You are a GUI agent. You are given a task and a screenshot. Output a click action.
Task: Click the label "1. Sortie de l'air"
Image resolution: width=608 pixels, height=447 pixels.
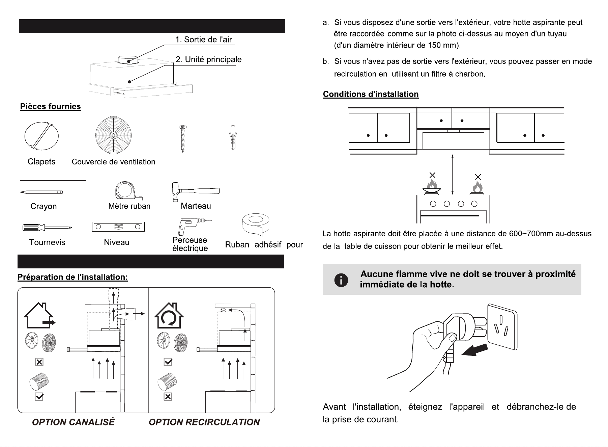203,40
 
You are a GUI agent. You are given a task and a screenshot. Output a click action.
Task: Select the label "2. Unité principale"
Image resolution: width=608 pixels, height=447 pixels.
208,59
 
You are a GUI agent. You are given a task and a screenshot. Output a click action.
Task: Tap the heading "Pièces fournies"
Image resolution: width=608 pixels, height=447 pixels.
51,106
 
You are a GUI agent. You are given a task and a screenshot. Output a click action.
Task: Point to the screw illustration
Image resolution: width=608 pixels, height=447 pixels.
183,138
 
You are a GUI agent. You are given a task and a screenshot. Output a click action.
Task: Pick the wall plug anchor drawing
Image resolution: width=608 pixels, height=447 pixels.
233,137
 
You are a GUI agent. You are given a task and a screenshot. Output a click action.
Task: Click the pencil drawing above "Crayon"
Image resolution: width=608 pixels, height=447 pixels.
41,192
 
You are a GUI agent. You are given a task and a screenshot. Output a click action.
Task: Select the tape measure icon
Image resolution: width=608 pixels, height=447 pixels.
128,191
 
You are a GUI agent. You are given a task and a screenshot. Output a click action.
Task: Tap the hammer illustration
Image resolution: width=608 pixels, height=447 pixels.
195,191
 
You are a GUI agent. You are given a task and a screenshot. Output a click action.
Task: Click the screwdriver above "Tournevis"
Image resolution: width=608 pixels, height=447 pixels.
47,228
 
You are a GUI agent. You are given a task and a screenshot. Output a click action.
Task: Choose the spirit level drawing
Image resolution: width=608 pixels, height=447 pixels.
118,227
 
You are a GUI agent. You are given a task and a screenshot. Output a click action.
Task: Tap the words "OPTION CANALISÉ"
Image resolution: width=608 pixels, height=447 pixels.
73,422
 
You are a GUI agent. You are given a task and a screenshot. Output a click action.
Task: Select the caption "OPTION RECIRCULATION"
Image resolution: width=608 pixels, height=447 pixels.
204,422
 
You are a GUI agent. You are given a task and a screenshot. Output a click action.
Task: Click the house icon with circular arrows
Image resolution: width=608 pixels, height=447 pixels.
169,316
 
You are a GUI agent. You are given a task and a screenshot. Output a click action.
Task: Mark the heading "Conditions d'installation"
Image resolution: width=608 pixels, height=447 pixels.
371,94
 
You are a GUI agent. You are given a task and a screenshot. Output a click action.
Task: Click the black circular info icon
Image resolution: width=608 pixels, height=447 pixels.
341,280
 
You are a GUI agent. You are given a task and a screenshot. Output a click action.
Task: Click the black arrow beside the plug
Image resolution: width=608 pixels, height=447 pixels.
474,350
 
